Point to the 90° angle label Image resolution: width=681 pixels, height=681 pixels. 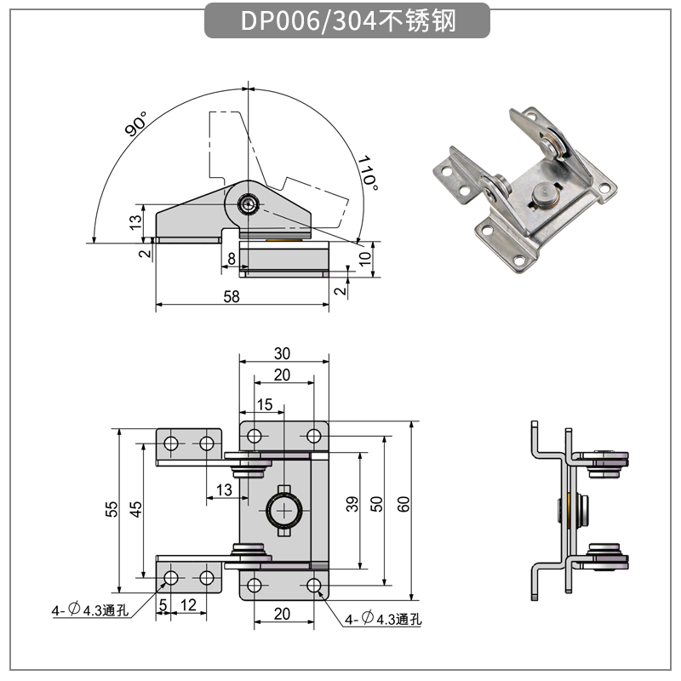tap(135, 124)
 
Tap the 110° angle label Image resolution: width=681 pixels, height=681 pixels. tap(366, 172)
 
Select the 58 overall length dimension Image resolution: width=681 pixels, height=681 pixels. tap(231, 296)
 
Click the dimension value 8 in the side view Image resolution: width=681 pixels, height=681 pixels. tap(232, 258)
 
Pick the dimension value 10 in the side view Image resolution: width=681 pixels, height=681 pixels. tap(365, 258)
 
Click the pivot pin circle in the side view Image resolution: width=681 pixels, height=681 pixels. tap(249, 203)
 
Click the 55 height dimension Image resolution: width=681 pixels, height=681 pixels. tap(111, 509)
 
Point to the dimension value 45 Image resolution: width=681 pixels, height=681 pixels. tap(136, 509)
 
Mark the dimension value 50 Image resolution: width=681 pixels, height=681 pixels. tap(377, 504)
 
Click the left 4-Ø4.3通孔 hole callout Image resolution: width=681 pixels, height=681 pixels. tap(89, 609)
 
